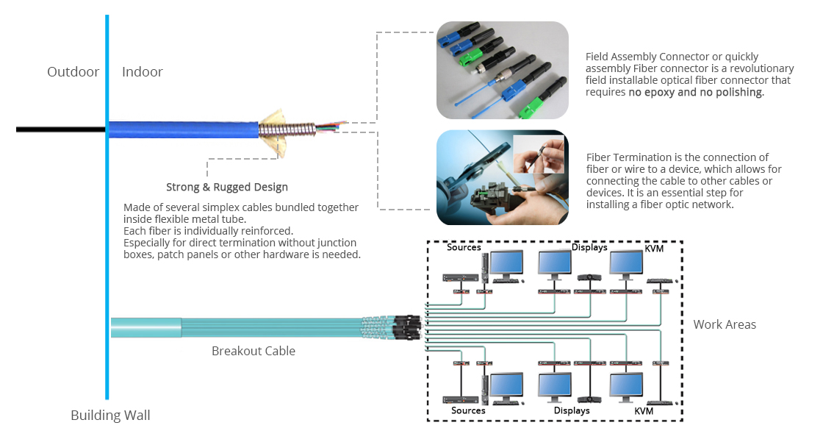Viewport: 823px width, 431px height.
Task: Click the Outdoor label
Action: pos(73,72)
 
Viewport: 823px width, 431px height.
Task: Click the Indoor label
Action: pos(143,72)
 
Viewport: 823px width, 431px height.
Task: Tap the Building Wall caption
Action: pos(110,416)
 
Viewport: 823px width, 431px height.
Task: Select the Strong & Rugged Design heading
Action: pos(227,187)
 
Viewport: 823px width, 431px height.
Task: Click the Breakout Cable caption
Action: pos(254,351)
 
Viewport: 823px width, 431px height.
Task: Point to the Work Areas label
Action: pos(725,324)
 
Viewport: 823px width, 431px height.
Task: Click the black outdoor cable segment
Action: pos(61,129)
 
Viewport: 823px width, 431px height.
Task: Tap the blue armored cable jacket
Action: pos(183,130)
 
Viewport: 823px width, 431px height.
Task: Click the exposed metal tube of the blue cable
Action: pos(287,130)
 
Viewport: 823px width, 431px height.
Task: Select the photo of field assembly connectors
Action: pos(503,70)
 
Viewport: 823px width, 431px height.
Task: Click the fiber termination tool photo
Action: pos(503,178)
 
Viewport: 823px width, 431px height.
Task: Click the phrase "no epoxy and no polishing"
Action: pos(695,93)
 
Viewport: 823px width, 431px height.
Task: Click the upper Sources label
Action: pos(464,247)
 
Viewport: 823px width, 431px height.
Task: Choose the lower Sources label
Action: pos(468,410)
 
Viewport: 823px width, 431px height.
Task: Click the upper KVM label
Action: pos(654,248)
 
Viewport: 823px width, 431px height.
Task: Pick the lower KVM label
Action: pos(644,411)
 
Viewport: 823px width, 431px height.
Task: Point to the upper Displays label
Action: pos(589,247)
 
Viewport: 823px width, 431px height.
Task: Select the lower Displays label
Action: pos(572,410)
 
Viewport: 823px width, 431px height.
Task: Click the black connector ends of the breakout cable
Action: pos(407,327)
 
